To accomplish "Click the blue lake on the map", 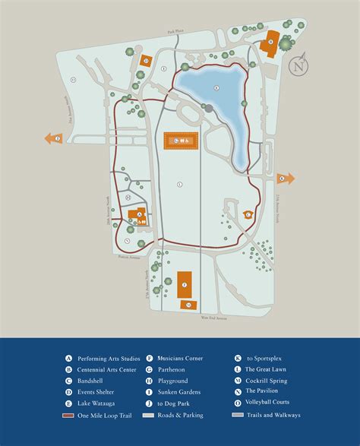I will coord(216,106).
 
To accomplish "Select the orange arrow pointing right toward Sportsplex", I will coord(284,179).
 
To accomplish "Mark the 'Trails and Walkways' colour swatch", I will coord(237,415).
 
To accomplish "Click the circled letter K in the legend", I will coord(238,358).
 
